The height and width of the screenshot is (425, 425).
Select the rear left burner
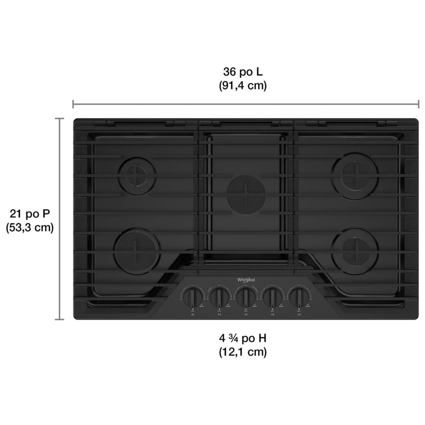[x=137, y=175]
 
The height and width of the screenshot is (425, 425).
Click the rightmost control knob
[x=299, y=295]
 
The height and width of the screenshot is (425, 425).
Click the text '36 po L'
[x=243, y=72]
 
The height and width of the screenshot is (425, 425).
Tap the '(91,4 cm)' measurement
[x=243, y=85]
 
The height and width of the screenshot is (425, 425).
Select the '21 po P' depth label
[x=29, y=213]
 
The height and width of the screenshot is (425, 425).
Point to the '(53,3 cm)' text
[x=29, y=227]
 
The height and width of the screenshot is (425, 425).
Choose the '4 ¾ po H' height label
[x=243, y=339]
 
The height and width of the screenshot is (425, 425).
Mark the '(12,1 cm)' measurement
[x=243, y=352]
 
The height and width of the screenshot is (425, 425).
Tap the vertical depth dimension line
[x=59, y=218]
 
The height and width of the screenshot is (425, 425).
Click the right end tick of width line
[x=419, y=104]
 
